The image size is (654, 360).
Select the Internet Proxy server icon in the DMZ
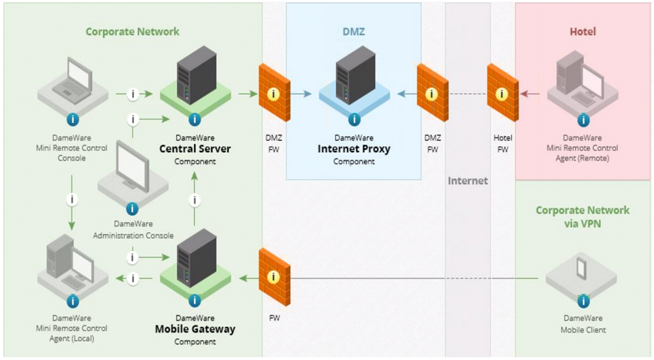coord(355,74)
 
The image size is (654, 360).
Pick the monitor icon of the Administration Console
coord(133,169)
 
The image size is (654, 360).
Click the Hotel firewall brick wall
coord(502,92)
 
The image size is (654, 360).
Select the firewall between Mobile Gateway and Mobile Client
coord(274,276)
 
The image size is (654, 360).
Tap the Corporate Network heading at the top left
coord(132,31)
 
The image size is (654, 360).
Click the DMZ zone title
coord(353,31)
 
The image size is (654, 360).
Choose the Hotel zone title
coord(583,31)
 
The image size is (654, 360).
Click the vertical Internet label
coord(467,180)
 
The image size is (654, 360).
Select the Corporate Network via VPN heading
coord(583,216)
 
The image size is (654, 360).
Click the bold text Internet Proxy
coord(353,149)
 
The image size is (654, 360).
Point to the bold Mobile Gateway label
coord(194,329)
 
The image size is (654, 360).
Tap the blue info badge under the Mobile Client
coord(581,301)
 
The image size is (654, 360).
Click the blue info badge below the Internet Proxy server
coord(353,120)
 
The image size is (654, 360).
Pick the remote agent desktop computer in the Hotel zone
coord(581,82)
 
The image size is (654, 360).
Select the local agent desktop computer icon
coord(72,265)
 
